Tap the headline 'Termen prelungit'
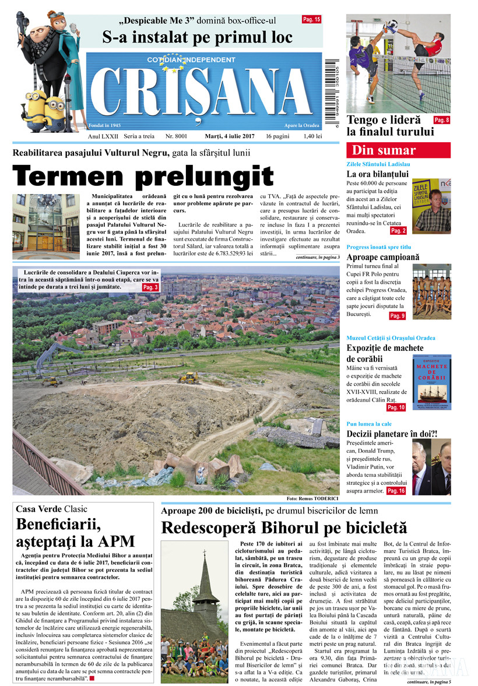[143, 176]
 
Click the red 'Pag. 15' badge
[311, 19]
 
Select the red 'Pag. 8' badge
[441, 120]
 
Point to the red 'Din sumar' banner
[398, 150]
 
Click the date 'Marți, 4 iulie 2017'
[230, 136]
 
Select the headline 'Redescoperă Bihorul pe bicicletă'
[284, 528]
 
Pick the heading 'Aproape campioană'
[382, 257]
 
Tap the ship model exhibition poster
[431, 382]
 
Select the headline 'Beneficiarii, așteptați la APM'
[76, 531]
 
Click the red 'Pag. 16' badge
[396, 491]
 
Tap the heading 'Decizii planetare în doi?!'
[392, 434]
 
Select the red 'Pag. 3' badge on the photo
[150, 288]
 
